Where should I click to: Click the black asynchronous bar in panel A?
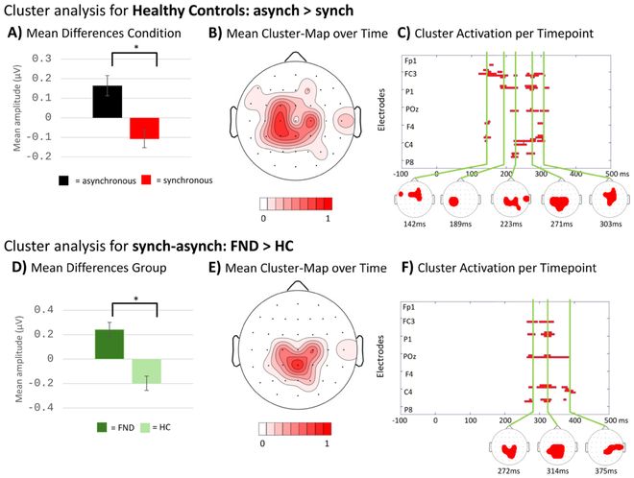(x=108, y=102)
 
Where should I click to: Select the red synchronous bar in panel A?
(x=144, y=128)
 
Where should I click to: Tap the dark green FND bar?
(x=110, y=345)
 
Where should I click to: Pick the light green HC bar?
(x=146, y=370)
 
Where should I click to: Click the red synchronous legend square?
(x=146, y=179)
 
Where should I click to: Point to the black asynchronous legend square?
(x=63, y=180)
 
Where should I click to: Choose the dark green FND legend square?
(x=102, y=427)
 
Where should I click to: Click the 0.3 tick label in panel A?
(x=41, y=59)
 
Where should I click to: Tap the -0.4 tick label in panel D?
(x=40, y=407)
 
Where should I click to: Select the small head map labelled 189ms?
(x=460, y=200)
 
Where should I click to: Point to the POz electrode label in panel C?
(x=411, y=109)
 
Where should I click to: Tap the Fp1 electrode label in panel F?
(x=409, y=307)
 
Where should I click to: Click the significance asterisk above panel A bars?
(x=136, y=47)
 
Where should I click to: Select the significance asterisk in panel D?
(x=135, y=299)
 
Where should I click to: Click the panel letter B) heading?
(x=215, y=34)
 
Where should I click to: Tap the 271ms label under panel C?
(x=561, y=224)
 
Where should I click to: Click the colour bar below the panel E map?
(x=295, y=429)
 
